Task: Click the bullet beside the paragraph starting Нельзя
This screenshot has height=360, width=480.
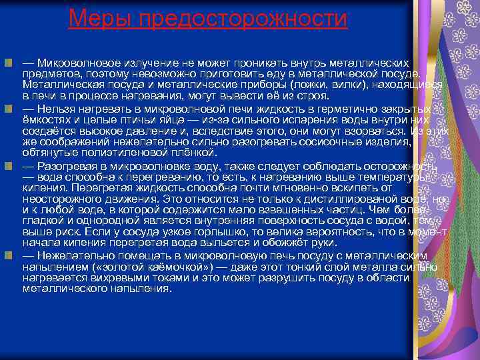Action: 8,108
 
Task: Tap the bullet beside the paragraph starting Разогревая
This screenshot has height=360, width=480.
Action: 8,165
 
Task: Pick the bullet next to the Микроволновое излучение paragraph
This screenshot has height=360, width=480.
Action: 8,63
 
